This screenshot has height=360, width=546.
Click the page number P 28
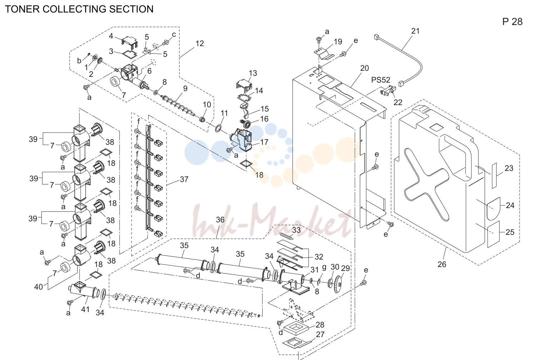[x=512, y=22]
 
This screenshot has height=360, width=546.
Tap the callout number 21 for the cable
[x=415, y=31]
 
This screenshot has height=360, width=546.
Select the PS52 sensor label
[x=381, y=80]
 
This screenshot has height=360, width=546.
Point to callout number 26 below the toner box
[x=442, y=264]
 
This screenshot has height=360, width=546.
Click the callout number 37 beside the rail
[x=184, y=179]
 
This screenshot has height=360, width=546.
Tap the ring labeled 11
[x=218, y=128]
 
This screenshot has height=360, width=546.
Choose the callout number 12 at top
[x=200, y=43]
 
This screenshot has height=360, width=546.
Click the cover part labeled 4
[x=130, y=42]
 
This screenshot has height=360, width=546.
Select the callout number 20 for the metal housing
[x=364, y=68]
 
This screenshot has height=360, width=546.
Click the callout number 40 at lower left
[x=39, y=287]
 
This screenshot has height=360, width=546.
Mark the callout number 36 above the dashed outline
[x=220, y=220]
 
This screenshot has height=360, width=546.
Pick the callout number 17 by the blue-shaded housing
[x=264, y=142]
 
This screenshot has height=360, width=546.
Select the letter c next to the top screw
[x=174, y=35]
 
